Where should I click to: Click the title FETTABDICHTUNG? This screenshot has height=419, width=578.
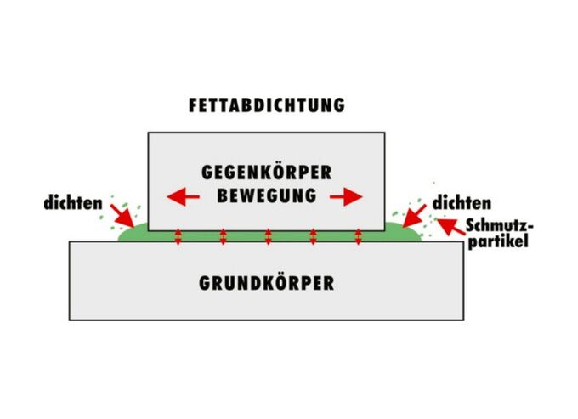[x=266, y=106]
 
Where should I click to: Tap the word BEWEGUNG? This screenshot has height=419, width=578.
[x=266, y=195]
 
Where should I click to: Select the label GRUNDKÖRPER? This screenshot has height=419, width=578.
[x=266, y=283]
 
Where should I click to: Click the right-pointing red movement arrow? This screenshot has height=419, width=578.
[x=347, y=197]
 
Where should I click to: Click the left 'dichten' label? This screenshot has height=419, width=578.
[x=75, y=204]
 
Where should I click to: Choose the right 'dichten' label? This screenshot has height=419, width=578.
[x=462, y=204]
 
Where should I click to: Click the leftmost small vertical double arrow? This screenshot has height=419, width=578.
[x=178, y=235]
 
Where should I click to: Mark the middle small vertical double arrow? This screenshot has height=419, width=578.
[x=268, y=235]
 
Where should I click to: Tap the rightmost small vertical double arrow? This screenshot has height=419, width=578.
[x=358, y=235]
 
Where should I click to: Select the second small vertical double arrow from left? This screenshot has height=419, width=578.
[x=223, y=235]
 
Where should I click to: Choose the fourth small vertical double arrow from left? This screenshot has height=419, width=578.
[x=313, y=235]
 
